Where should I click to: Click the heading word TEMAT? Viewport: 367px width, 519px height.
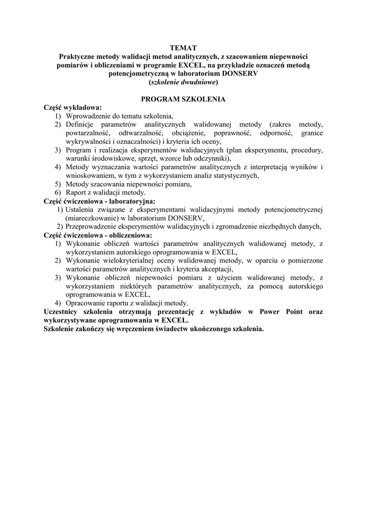tap(183, 48)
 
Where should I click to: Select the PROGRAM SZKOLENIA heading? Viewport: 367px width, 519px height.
tap(183, 99)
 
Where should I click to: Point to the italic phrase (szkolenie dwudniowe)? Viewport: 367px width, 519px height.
tap(183, 82)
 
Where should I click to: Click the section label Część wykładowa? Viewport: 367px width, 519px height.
tap(73, 107)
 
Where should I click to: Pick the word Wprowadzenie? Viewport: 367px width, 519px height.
tap(88, 116)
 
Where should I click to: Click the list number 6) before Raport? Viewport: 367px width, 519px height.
tap(58, 193)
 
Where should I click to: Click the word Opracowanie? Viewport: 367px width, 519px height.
tap(87, 303)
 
